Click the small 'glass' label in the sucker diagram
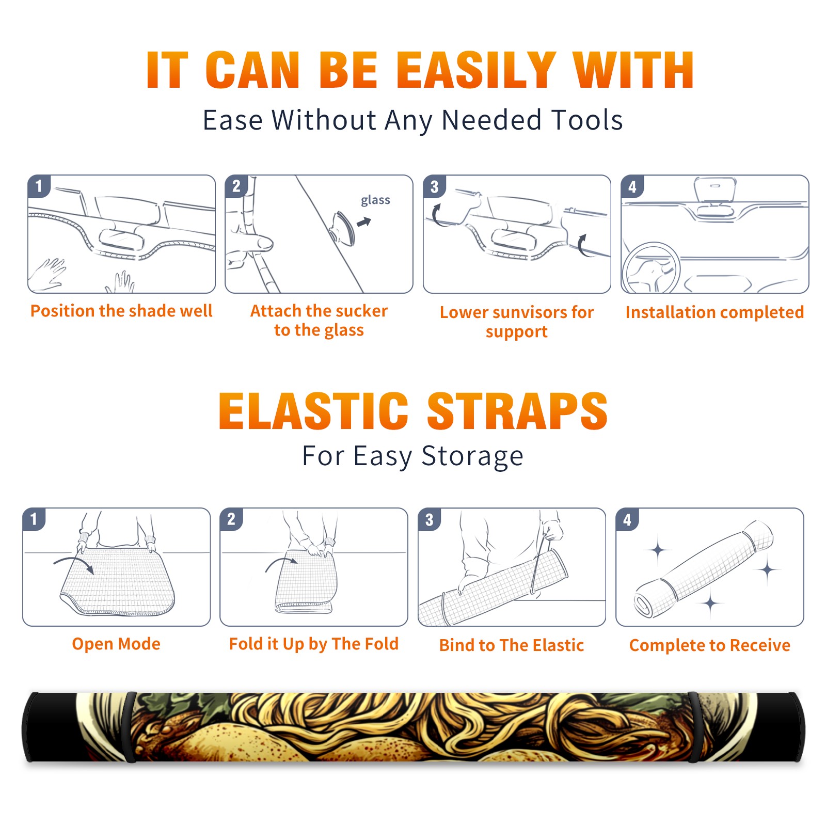[375, 200]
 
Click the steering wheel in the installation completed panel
[650, 268]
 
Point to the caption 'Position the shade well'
[121, 311]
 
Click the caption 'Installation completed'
[714, 312]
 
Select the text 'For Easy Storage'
[412, 456]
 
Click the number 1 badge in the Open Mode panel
[34, 519]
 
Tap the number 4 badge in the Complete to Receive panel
[627, 519]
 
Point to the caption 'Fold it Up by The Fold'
[314, 644]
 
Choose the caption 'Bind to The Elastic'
[512, 645]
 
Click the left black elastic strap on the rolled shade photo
[129, 727]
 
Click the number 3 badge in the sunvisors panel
[434, 186]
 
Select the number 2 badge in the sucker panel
[236, 186]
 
